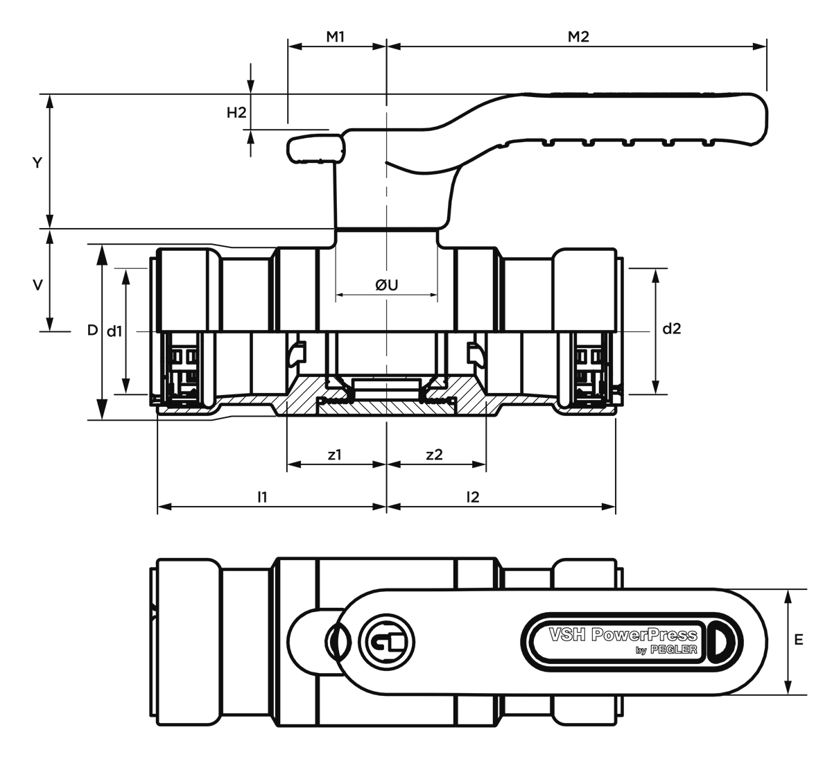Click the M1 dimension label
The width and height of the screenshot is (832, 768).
(x=335, y=37)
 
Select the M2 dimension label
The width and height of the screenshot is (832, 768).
(x=578, y=37)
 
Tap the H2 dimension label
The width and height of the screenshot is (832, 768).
(x=236, y=112)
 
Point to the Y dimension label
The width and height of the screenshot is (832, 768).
(x=37, y=163)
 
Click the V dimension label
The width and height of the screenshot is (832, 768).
(x=37, y=286)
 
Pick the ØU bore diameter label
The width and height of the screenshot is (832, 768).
(x=386, y=285)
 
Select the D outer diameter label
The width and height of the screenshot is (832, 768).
(x=92, y=330)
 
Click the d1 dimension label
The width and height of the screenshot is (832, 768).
(x=114, y=331)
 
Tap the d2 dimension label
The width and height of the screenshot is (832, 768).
(x=672, y=329)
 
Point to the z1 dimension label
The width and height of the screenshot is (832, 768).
(x=335, y=455)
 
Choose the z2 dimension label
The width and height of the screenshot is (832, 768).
(x=434, y=455)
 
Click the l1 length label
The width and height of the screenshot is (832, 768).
(x=262, y=497)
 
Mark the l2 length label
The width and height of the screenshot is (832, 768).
(x=473, y=497)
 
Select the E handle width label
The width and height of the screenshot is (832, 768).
(x=799, y=640)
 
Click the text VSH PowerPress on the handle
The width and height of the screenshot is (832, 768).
(x=623, y=635)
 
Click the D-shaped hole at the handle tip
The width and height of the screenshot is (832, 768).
(x=723, y=641)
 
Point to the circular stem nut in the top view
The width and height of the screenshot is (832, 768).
(x=387, y=642)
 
